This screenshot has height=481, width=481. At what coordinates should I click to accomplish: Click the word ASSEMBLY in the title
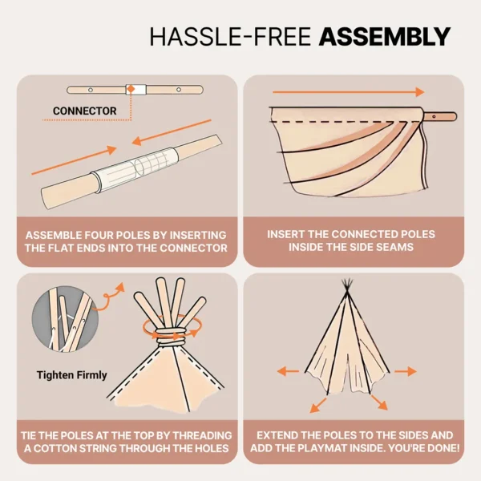384,36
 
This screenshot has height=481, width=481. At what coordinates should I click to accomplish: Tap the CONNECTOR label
84,111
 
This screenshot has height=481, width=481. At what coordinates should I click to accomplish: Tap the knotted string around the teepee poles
168,330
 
